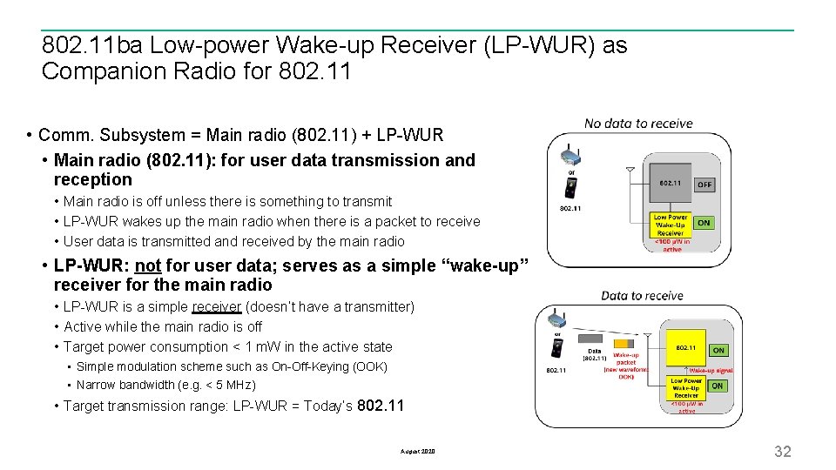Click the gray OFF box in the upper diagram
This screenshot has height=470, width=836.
point(705,185)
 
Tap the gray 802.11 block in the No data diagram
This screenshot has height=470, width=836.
point(670,184)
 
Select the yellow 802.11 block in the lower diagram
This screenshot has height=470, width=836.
point(686,348)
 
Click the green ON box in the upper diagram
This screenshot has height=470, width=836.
point(704,223)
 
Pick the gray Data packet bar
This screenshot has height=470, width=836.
point(590,337)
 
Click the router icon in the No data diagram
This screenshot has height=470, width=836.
point(570,156)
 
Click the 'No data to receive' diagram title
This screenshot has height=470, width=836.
point(638,124)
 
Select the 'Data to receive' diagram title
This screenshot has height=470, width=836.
point(642,296)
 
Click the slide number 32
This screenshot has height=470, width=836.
point(783,451)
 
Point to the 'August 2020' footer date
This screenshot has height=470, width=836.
point(418,452)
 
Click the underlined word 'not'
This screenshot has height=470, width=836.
point(148,265)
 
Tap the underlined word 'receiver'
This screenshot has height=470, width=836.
point(216,306)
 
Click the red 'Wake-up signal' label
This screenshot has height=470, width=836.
point(711,370)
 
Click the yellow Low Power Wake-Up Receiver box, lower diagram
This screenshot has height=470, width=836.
point(686,387)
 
